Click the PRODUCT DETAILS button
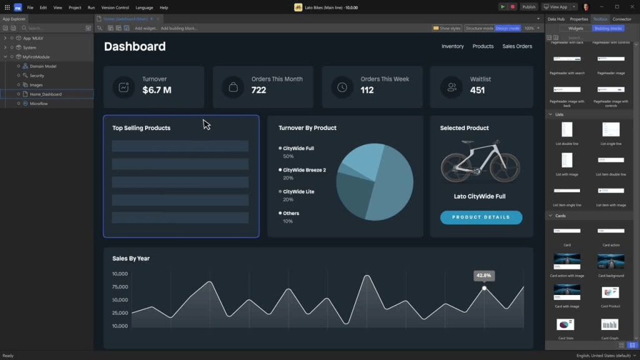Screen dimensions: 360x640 pyautogui.click(x=481, y=217)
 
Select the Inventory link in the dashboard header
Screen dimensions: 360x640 pyautogui.click(x=452, y=46)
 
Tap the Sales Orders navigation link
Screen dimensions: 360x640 pyautogui.click(x=517, y=46)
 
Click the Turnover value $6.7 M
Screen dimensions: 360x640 pyautogui.click(x=156, y=90)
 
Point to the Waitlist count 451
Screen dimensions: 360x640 pyautogui.click(x=477, y=90)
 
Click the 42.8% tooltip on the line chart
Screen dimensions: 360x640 pyautogui.click(x=484, y=275)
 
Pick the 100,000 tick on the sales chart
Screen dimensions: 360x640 pyautogui.click(x=120, y=274)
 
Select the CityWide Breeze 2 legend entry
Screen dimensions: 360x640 pyautogui.click(x=304, y=170)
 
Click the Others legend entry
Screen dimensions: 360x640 pyautogui.click(x=291, y=213)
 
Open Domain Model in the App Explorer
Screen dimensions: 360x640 pyautogui.click(x=42, y=66)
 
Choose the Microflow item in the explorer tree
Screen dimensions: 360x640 pyautogui.click(x=39, y=104)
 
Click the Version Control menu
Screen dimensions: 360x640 pyautogui.click(x=115, y=7)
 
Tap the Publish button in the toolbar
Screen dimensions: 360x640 pyautogui.click(x=529, y=7)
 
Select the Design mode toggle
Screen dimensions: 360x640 pyautogui.click(x=507, y=28)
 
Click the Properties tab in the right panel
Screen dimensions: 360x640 pyautogui.click(x=579, y=19)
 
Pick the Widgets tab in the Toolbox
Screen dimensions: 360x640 pyautogui.click(x=576, y=28)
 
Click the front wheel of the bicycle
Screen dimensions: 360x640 pyautogui.click(x=504, y=166)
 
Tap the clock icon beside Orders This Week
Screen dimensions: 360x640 pyautogui.click(x=342, y=87)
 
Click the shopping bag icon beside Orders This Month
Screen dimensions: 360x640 pyautogui.click(x=233, y=87)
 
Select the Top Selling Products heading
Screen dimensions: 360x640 pyautogui.click(x=141, y=128)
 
